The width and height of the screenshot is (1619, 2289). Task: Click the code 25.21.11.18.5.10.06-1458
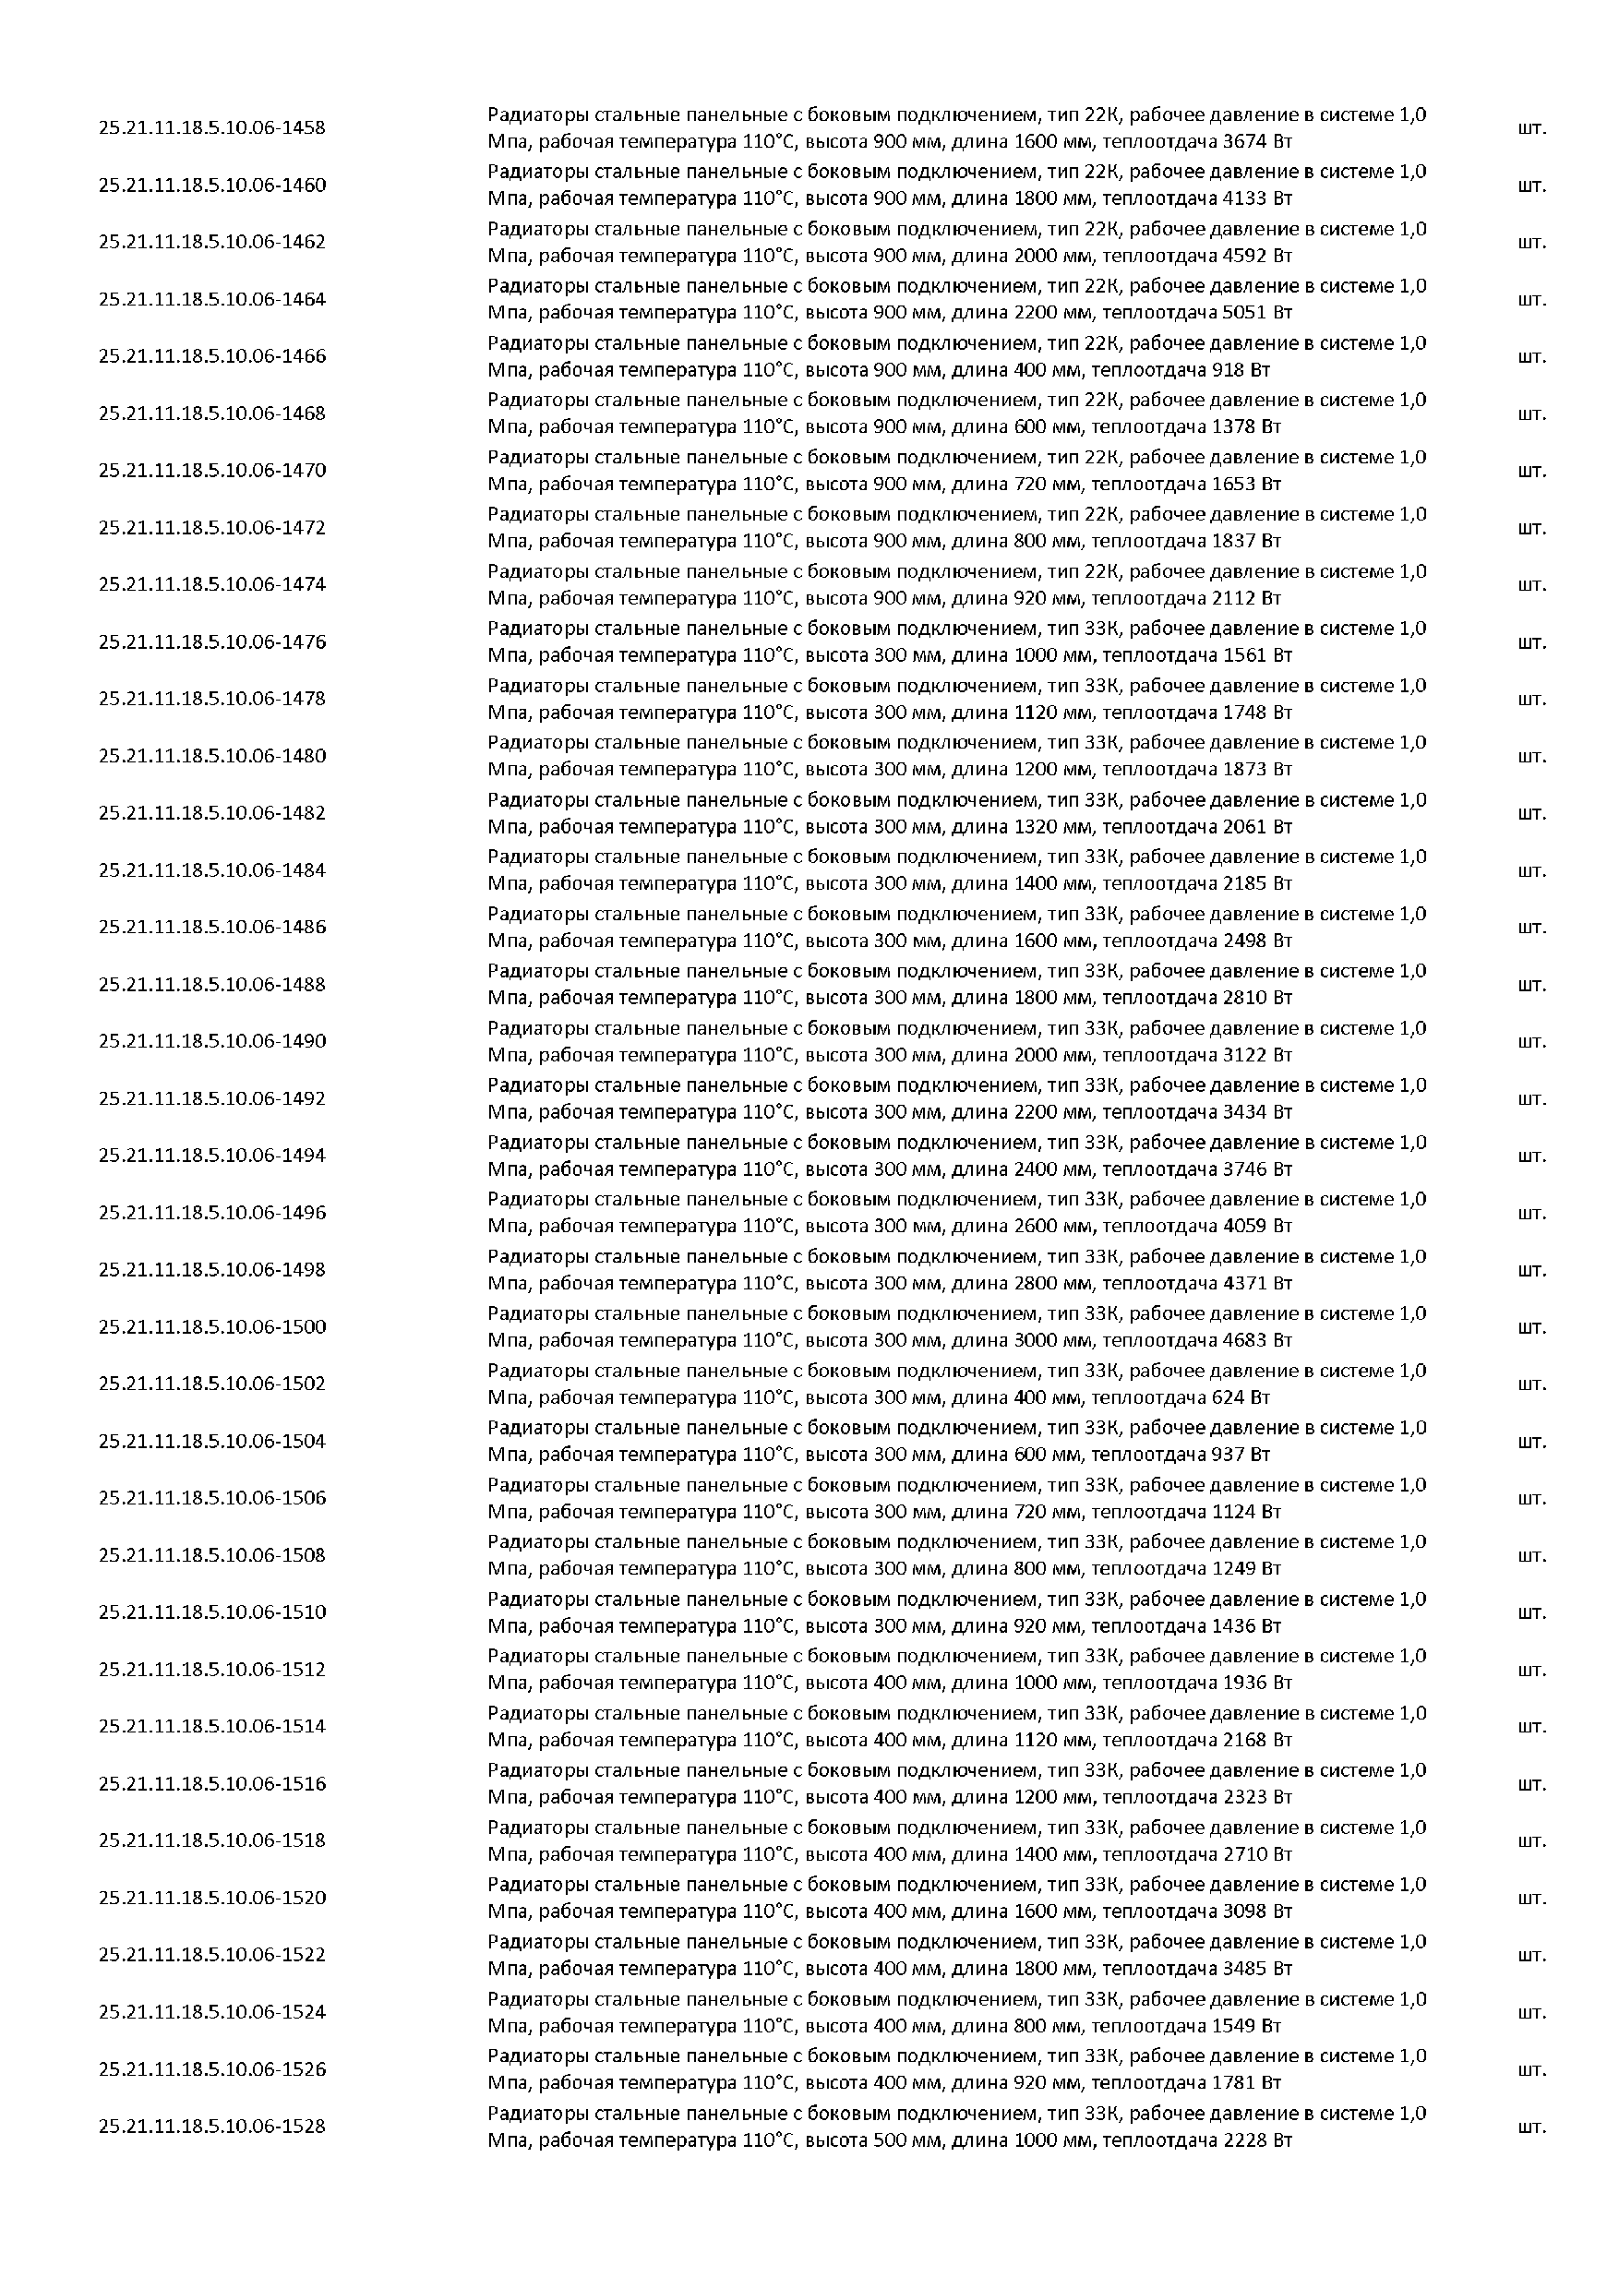pyautogui.click(x=211, y=127)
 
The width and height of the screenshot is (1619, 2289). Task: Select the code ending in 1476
pyautogui.click(x=211, y=641)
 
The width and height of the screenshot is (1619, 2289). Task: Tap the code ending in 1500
pyautogui.click(x=211, y=1326)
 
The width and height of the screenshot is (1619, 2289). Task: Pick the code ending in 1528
pyautogui.click(x=211, y=2126)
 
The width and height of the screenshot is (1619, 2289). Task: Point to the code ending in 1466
pyautogui.click(x=211, y=356)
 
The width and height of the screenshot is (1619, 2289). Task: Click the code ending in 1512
pyautogui.click(x=211, y=1669)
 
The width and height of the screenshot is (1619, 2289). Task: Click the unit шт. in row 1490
pyautogui.click(x=1531, y=1041)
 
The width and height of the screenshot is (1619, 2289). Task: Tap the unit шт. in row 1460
pyautogui.click(x=1531, y=186)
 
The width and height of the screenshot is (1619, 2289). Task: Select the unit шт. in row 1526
pyautogui.click(x=1531, y=2068)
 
